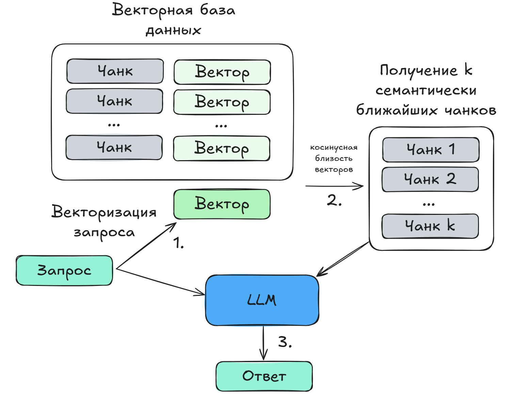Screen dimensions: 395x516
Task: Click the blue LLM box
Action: click(x=262, y=300)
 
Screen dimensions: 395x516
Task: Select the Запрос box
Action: click(x=64, y=270)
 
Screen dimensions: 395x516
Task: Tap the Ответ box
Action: click(x=264, y=376)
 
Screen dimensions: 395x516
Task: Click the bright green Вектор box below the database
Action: click(x=222, y=204)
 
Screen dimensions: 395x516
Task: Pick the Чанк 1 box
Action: click(x=431, y=150)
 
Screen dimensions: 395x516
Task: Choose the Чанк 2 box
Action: click(x=430, y=179)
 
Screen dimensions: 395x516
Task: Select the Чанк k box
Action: click(x=430, y=226)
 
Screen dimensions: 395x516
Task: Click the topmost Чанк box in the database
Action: click(x=115, y=71)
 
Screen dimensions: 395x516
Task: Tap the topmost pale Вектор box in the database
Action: click(x=222, y=72)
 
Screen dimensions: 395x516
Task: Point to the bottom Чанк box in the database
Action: click(x=114, y=148)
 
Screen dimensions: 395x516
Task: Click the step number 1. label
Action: click(x=178, y=243)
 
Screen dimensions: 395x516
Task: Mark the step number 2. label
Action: click(x=334, y=200)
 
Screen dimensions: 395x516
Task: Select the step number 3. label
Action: click(x=285, y=342)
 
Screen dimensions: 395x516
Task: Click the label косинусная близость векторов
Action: click(x=334, y=158)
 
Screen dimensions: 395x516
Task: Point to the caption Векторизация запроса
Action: click(x=104, y=222)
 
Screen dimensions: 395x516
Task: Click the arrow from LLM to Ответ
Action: click(x=263, y=343)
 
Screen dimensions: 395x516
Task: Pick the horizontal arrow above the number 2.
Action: click(x=334, y=186)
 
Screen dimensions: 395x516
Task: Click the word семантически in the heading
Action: click(x=426, y=90)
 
